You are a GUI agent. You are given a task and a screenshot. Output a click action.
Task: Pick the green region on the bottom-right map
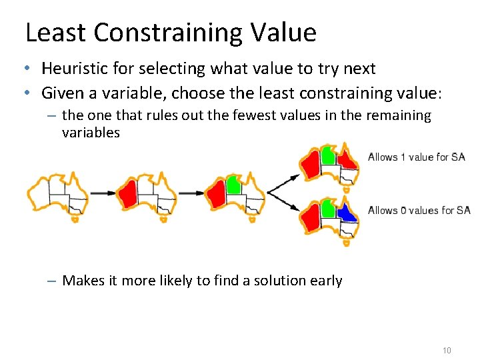point(327,208)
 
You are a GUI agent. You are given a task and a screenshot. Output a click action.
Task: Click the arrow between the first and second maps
point(102,193)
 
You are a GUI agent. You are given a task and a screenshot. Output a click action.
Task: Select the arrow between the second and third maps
point(191,193)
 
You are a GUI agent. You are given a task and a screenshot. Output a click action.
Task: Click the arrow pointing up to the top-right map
point(285,181)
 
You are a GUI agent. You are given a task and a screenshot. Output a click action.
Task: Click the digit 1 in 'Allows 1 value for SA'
point(403,157)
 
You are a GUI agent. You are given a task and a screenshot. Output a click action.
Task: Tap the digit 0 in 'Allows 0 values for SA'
point(403,211)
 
